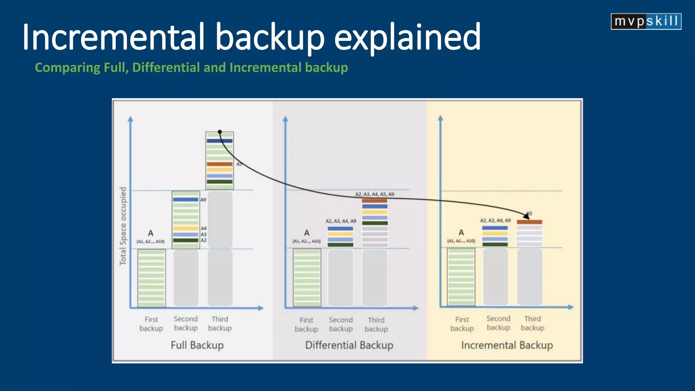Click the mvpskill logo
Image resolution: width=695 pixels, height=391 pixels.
click(646, 21)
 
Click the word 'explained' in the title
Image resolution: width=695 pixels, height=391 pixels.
click(407, 37)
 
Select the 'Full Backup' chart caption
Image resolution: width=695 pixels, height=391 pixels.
click(197, 345)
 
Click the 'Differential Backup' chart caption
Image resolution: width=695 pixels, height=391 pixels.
click(349, 345)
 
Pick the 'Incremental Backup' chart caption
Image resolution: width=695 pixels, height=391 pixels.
click(507, 345)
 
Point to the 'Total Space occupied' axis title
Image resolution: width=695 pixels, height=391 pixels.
click(123, 226)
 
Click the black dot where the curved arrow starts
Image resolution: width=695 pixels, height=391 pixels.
click(220, 132)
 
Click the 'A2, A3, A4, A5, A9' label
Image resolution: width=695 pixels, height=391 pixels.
click(375, 194)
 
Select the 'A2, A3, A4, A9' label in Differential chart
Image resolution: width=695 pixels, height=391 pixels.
click(341, 221)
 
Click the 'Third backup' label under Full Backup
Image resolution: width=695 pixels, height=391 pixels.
click(220, 323)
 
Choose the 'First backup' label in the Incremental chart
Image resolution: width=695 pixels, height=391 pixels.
click(462, 324)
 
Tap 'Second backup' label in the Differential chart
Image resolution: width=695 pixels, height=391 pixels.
click(341, 324)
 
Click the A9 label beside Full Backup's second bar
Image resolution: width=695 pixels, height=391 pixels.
click(203, 200)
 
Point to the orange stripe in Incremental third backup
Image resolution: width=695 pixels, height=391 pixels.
click(529, 222)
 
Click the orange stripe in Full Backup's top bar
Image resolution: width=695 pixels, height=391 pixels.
click(220, 164)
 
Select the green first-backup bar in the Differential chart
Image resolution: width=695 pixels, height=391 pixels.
click(307, 278)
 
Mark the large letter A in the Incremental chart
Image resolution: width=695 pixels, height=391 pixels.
click(461, 232)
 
